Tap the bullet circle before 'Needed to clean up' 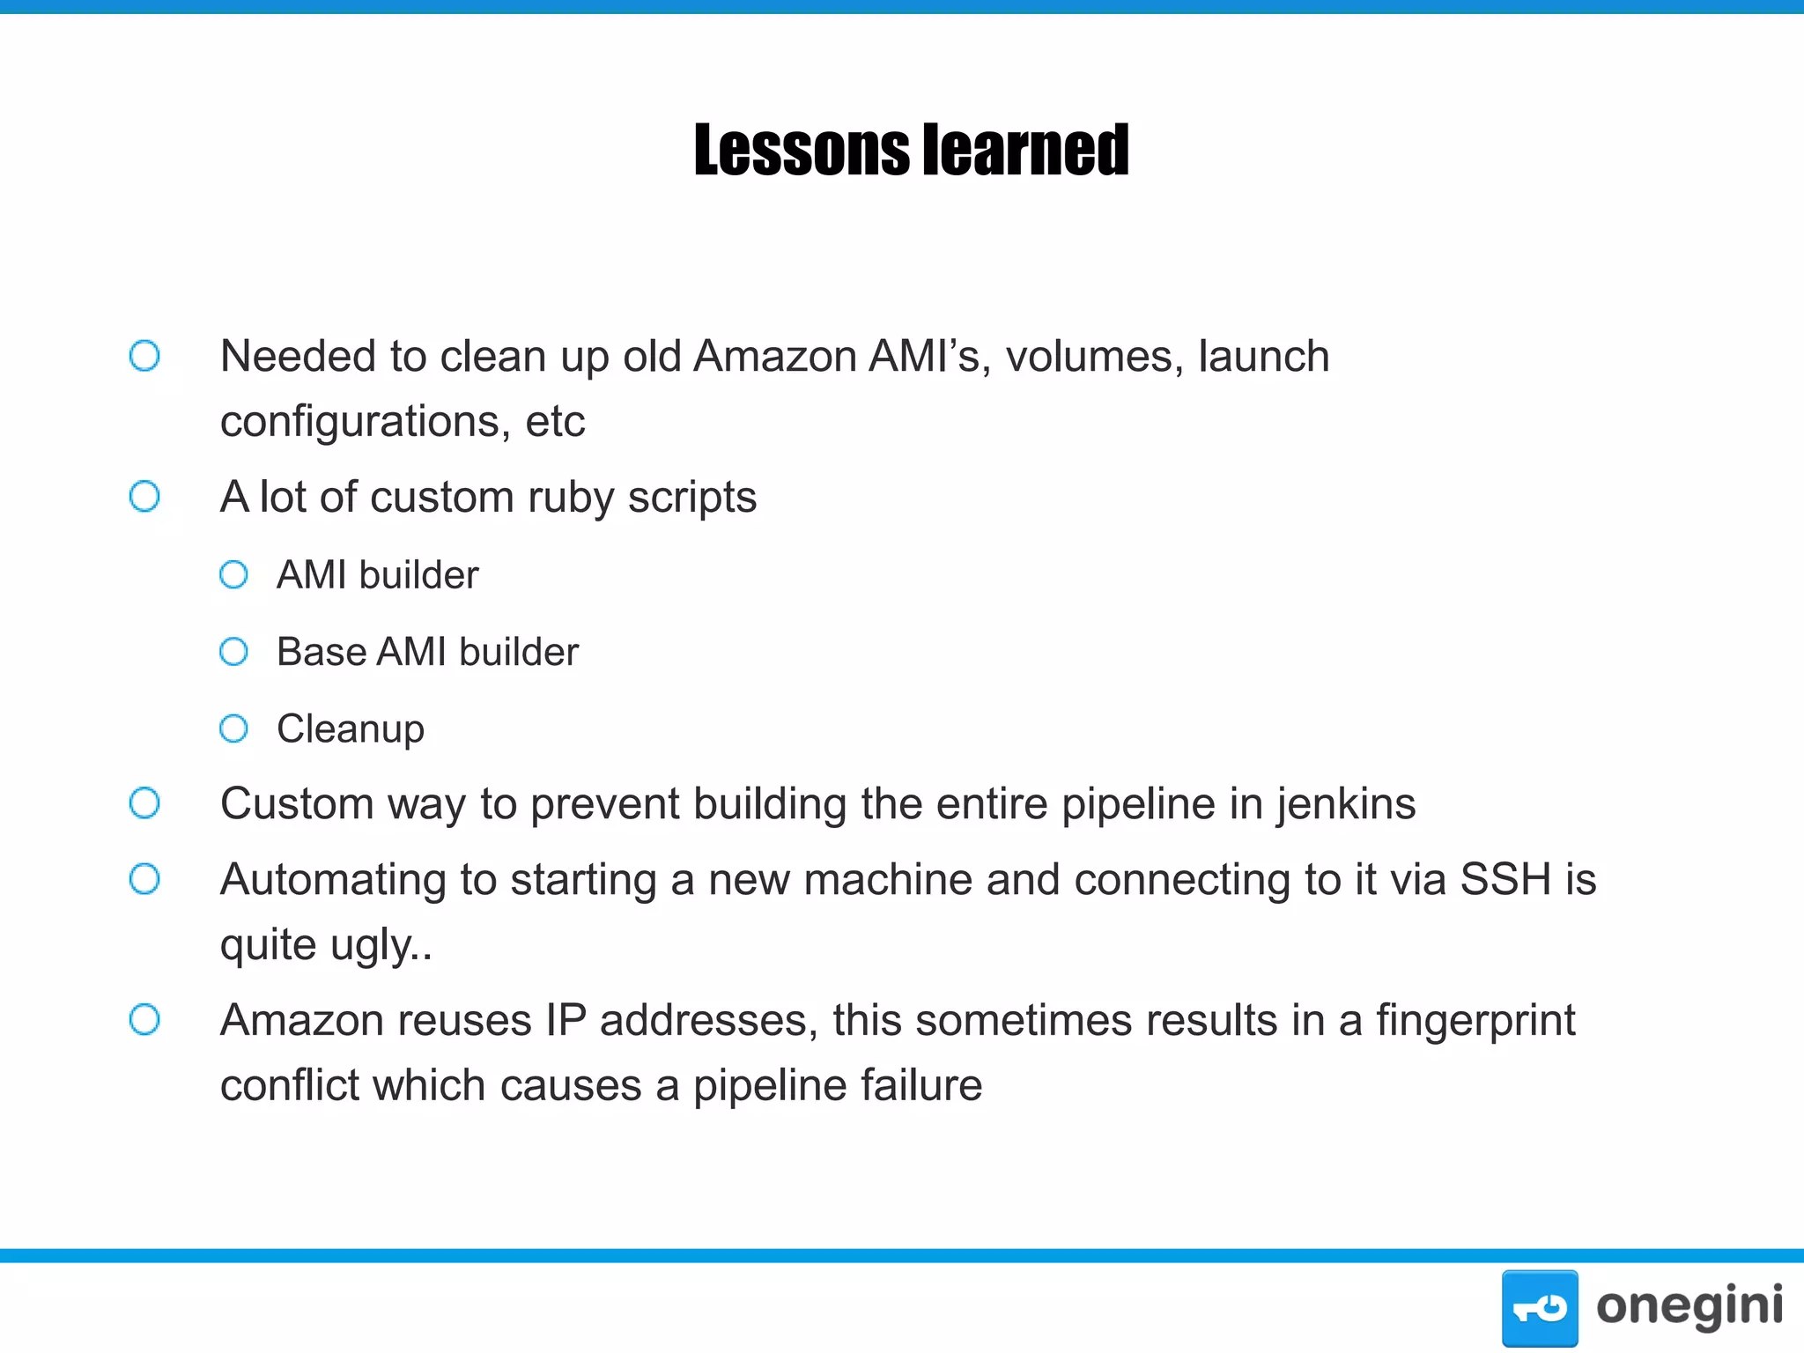tap(144, 356)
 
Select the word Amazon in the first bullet tap(775, 357)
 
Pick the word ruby tap(570, 498)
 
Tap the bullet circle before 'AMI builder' tap(233, 575)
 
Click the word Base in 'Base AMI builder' tap(321, 652)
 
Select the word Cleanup tap(351, 729)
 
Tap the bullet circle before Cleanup tap(233, 728)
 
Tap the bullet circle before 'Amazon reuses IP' tap(144, 1020)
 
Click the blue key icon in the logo tap(1540, 1308)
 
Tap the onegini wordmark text tap(1689, 1306)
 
